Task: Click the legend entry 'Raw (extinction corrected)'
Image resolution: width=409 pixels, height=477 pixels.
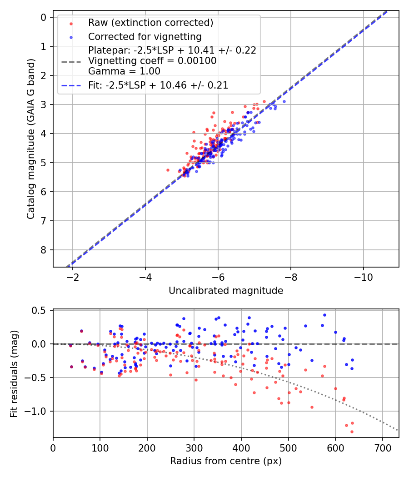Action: point(150,23)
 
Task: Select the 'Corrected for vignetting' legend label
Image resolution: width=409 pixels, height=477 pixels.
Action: point(145,36)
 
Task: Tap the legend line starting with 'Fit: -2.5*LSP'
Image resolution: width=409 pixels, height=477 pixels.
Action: point(158,85)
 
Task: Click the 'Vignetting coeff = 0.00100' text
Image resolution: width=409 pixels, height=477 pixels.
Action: point(152,60)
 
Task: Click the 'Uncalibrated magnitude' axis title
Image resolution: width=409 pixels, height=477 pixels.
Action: point(226,291)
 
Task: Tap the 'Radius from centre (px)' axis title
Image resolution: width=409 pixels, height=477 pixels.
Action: point(226,461)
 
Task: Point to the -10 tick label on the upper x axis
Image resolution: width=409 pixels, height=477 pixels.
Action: point(363,277)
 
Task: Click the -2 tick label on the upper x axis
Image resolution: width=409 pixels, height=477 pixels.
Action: point(73,277)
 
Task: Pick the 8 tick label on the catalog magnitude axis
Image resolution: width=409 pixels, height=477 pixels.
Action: point(44,250)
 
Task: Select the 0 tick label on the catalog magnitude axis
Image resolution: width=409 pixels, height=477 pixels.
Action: point(44,17)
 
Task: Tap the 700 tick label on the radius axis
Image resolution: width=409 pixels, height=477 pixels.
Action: point(382,447)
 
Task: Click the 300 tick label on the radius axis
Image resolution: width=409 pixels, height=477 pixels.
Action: point(194,447)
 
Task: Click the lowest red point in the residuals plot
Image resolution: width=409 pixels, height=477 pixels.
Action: point(352,432)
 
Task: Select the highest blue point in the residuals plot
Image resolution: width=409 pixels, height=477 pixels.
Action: point(324,315)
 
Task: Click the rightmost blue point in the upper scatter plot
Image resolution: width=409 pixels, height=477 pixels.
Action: point(284,101)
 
